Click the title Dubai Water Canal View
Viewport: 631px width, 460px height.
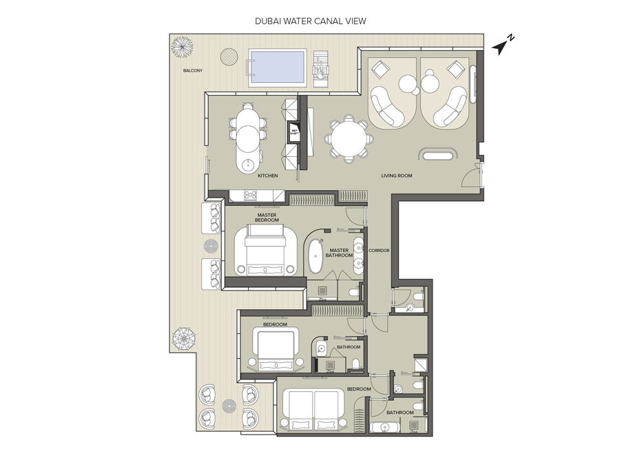[311, 21]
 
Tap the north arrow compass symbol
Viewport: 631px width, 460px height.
[503, 44]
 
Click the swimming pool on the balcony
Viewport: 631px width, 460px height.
[278, 67]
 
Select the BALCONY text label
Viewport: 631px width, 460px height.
[192, 71]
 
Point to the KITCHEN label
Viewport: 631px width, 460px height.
[268, 176]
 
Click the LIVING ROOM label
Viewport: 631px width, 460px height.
[397, 176]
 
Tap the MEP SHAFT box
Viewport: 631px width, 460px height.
[293, 132]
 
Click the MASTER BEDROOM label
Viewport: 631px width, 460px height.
[267, 217]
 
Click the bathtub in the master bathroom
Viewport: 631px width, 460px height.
[315, 255]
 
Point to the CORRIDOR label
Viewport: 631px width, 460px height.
[379, 250]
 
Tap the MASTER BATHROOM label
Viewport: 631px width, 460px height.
[340, 253]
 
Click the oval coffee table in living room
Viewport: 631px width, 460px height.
[438, 155]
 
